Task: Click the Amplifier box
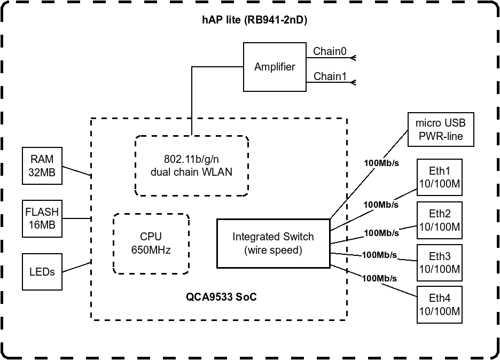(274, 67)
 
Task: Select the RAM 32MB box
(42, 166)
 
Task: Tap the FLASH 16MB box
(42, 218)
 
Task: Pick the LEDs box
(42, 271)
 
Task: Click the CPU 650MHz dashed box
(151, 244)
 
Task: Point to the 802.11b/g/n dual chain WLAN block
(191, 166)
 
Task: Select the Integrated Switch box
(273, 242)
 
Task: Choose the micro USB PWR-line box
(440, 130)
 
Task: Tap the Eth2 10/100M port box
(439, 220)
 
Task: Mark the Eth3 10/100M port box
(439, 263)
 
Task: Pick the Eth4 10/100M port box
(439, 304)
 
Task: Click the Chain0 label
(330, 51)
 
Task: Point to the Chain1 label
(330, 76)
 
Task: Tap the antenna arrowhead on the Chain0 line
(352, 57)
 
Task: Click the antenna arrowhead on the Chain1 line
(352, 82)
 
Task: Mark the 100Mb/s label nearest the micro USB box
(381, 163)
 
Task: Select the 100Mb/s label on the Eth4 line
(379, 278)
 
